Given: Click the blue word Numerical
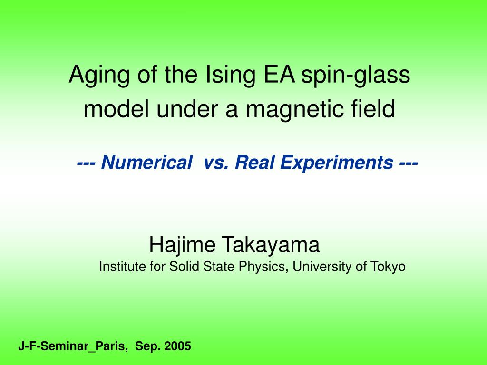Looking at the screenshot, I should click(x=145, y=163).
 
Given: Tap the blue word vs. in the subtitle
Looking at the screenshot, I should click(x=217, y=163).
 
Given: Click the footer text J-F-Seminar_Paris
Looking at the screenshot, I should click(x=73, y=346).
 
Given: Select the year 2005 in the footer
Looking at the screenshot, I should click(x=177, y=346).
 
